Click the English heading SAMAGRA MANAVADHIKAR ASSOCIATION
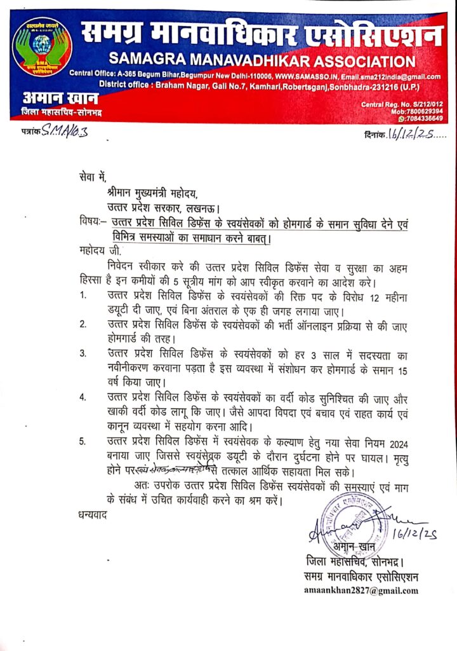(262, 62)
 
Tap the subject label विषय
(86, 223)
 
